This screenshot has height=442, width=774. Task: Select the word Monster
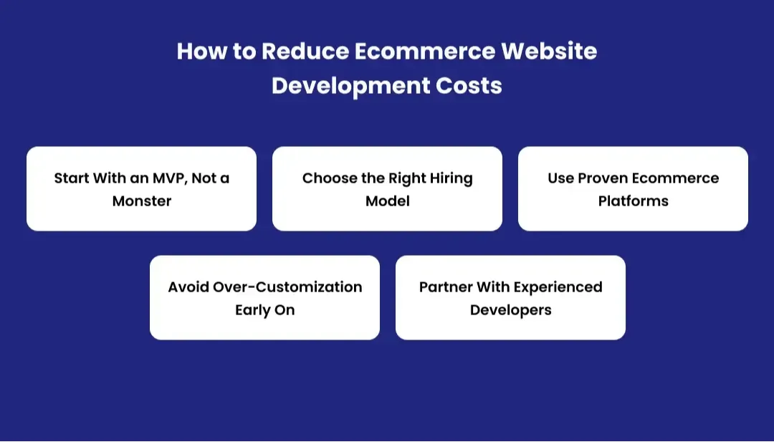coord(142,201)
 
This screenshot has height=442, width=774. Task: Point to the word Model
coord(388,201)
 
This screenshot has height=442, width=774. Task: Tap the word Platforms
coord(634,201)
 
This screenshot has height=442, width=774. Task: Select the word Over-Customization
coord(287,287)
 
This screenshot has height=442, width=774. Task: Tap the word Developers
coord(510,310)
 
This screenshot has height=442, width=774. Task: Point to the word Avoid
coord(188,287)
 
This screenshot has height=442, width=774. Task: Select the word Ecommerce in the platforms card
coord(676,178)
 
